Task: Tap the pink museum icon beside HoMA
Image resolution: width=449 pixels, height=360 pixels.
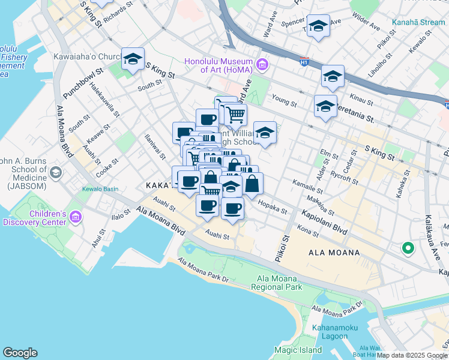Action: (262, 64)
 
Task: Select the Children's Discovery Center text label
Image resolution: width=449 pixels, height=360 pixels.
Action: (34, 218)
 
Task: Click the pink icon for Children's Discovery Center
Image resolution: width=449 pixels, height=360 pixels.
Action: (76, 217)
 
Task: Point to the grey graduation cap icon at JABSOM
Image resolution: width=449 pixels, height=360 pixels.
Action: (56, 173)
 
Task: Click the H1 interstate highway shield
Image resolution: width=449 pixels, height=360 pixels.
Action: (304, 61)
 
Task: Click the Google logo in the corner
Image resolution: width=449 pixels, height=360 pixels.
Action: (20, 353)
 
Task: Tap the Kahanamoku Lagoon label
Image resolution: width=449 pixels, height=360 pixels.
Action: (335, 332)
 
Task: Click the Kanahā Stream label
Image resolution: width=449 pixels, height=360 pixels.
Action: (418, 23)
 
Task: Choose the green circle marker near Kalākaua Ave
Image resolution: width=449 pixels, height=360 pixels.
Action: (408, 247)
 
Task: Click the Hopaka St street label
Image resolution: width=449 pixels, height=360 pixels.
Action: (273, 207)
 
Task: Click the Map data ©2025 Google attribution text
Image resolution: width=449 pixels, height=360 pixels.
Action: (412, 355)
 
